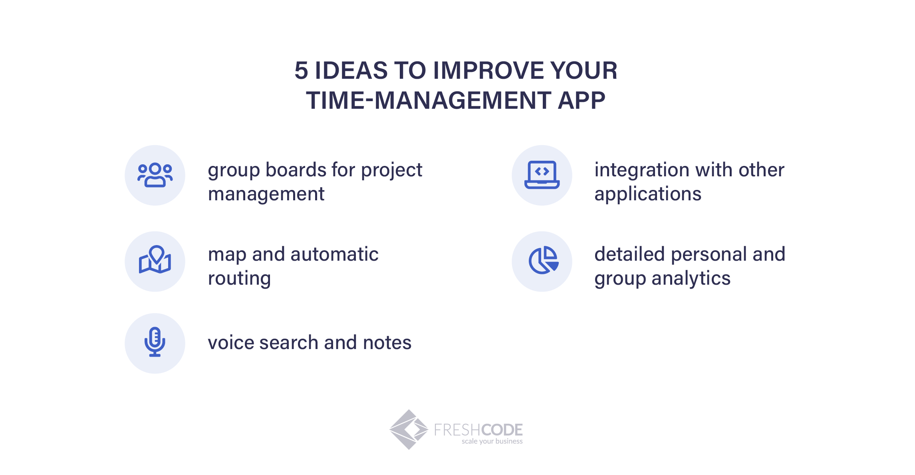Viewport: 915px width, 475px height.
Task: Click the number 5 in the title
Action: click(302, 70)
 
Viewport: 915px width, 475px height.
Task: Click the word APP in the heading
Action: click(582, 100)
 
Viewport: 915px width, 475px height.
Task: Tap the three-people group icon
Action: click(155, 175)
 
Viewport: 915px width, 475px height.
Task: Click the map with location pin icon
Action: click(155, 259)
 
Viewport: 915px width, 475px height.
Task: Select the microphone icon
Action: click(155, 342)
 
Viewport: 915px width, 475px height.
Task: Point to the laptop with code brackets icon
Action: click(542, 175)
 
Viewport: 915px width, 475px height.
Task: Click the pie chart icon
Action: click(543, 260)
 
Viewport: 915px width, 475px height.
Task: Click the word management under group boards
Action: click(266, 194)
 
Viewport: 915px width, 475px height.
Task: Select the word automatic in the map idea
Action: click(335, 254)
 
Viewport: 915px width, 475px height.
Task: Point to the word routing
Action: click(240, 279)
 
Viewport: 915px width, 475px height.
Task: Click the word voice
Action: click(230, 343)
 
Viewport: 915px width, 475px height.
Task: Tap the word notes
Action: click(387, 343)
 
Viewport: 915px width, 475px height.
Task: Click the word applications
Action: click(648, 194)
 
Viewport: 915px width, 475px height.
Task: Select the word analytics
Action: click(691, 279)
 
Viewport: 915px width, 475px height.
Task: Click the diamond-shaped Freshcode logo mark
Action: click(409, 429)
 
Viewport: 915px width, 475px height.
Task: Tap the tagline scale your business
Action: click(492, 441)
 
